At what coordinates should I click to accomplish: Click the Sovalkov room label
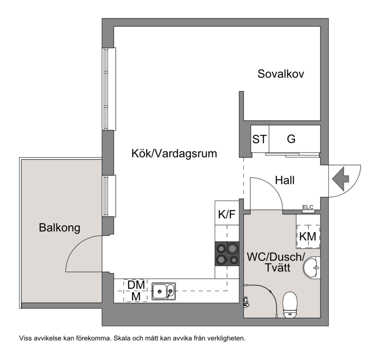pyautogui.click(x=281, y=74)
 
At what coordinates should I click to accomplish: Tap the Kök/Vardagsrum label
pyautogui.click(x=174, y=154)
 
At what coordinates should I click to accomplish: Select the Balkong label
pyautogui.click(x=59, y=228)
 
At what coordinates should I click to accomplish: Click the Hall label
pyautogui.click(x=285, y=180)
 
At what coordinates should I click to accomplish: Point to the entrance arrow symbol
pyautogui.click(x=341, y=179)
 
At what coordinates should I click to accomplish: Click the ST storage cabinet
pyautogui.click(x=260, y=139)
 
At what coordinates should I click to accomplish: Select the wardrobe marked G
pyautogui.click(x=294, y=139)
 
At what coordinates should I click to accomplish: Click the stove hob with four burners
pyautogui.click(x=227, y=253)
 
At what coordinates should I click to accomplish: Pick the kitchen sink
pyautogui.click(x=163, y=291)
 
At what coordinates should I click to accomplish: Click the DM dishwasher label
pyautogui.click(x=136, y=285)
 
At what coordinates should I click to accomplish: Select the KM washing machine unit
pyautogui.click(x=308, y=236)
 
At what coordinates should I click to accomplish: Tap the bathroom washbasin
pyautogui.click(x=312, y=267)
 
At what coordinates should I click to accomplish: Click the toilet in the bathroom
pyautogui.click(x=290, y=304)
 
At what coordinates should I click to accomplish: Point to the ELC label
pyautogui.click(x=308, y=207)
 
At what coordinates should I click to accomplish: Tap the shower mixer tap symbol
pyautogui.click(x=246, y=302)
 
